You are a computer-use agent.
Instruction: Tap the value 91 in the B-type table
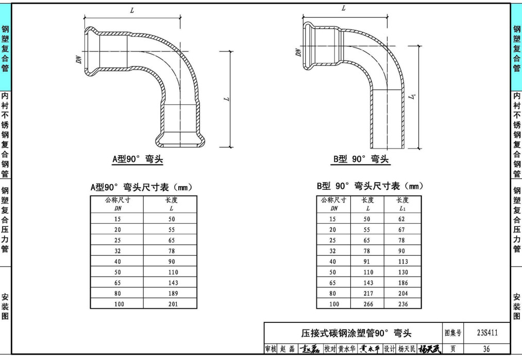coord(367,261)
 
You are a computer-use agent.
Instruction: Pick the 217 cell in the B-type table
coord(367,293)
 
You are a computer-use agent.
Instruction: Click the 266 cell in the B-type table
coord(367,304)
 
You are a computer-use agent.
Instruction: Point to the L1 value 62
coord(402,219)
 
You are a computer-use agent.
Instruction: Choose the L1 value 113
coord(402,261)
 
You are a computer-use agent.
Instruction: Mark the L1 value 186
coord(402,283)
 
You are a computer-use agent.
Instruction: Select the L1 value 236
coord(402,304)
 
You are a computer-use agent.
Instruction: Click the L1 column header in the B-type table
coord(402,204)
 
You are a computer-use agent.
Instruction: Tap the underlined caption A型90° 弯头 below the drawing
coord(138,159)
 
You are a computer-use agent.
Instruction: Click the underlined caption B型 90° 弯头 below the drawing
coord(361,159)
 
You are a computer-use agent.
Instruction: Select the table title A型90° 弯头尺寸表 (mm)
coord(141,187)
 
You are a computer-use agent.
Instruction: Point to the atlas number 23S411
coord(486,333)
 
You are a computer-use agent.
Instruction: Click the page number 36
coord(486,349)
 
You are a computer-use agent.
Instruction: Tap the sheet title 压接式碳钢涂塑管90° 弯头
coord(357,333)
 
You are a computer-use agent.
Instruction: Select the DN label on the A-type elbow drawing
coord(79,59)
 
